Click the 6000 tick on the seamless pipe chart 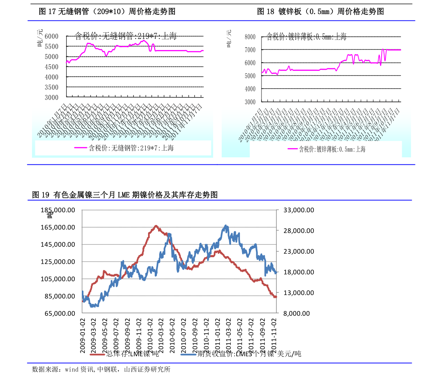pyautogui.click(x=51, y=36)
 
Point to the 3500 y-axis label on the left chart pyautogui.click(x=51, y=87)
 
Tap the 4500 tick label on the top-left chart pyautogui.click(x=51, y=67)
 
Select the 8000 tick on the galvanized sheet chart pyautogui.click(x=250, y=37)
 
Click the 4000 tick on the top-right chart pyautogui.click(x=250, y=89)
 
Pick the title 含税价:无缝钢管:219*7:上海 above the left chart pyautogui.click(x=125, y=36)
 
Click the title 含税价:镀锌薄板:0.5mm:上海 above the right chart pyautogui.click(x=306, y=37)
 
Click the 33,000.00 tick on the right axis pyautogui.click(x=299, y=210)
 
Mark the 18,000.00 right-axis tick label pyautogui.click(x=299, y=272)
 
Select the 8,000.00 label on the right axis pyautogui.click(x=296, y=313)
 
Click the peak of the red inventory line pyautogui.click(x=156, y=226)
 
